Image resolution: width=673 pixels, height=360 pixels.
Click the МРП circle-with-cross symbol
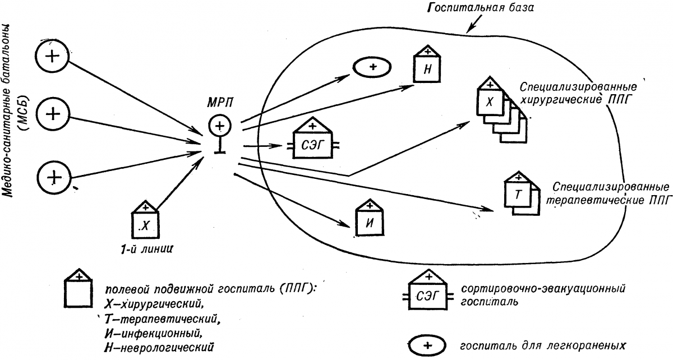pos(219,125)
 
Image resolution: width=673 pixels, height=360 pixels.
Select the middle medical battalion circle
pos(52,114)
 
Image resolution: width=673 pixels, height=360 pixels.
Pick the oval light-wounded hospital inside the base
pos(372,67)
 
